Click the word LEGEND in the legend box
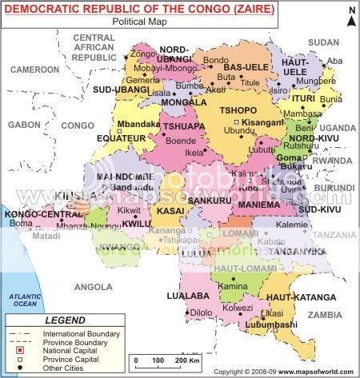pos(65,320)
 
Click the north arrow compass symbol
pos(347,15)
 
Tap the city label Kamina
pos(233,284)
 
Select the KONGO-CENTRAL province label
pos(35,214)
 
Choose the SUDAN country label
pos(323,42)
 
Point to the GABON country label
pos(24,125)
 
